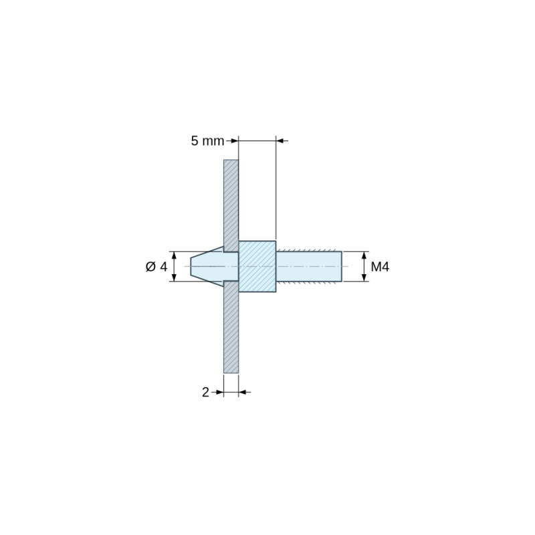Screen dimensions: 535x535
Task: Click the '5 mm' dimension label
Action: (x=207, y=140)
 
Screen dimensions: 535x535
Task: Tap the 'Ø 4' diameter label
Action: (x=156, y=266)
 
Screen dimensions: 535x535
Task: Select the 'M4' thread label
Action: (x=380, y=266)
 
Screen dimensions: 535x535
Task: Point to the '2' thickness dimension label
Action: (x=205, y=393)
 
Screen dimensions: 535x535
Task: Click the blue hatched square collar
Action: (x=257, y=266)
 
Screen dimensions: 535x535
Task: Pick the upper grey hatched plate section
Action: (x=231, y=206)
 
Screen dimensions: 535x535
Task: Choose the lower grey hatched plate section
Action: (x=231, y=327)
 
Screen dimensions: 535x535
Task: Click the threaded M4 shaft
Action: (x=309, y=266)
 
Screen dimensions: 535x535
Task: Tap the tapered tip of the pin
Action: (x=207, y=266)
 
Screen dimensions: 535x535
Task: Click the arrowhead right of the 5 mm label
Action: (x=234, y=140)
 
